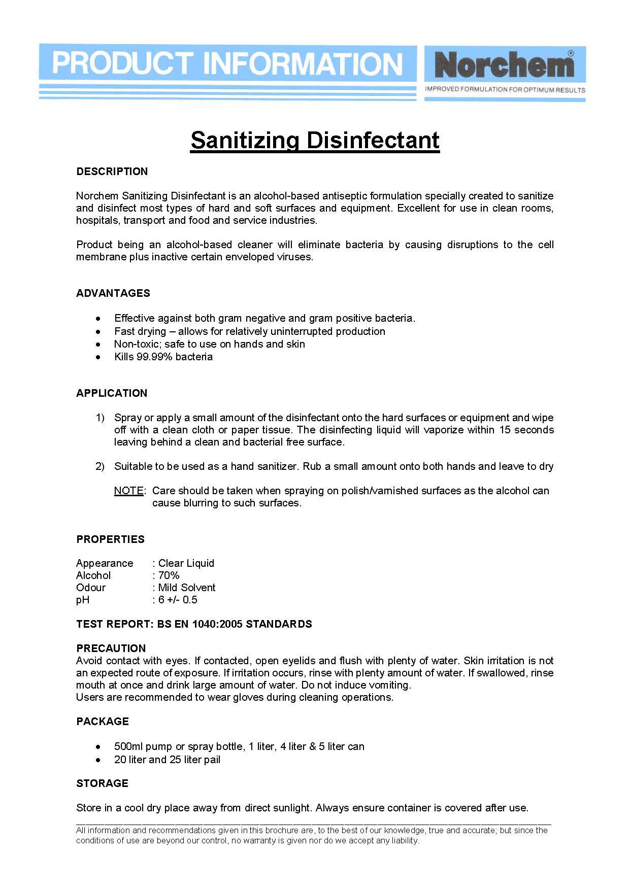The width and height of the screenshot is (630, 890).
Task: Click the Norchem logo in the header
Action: click(x=504, y=65)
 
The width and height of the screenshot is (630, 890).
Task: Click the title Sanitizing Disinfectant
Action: click(x=315, y=140)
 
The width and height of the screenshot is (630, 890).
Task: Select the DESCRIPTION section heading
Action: click(x=112, y=172)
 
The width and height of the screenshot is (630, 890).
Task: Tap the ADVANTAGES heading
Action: click(x=113, y=293)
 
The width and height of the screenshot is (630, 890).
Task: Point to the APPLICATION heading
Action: click(x=112, y=393)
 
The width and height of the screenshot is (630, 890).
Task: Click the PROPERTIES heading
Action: click(x=110, y=539)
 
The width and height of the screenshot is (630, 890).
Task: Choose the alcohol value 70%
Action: click(x=169, y=575)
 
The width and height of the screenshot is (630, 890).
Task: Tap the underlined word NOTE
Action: click(x=129, y=491)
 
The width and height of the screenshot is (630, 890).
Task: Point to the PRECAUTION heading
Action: click(x=111, y=648)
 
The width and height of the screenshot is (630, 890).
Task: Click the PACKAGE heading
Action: click(x=103, y=722)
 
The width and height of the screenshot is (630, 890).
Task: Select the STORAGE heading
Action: click(x=102, y=783)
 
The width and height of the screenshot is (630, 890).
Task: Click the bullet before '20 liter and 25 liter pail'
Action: click(x=98, y=760)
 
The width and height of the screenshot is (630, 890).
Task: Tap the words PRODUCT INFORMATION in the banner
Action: click(x=227, y=64)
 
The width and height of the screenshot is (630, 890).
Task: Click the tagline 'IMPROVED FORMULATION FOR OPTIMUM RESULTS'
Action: click(x=505, y=90)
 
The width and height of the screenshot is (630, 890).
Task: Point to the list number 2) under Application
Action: click(x=100, y=466)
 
